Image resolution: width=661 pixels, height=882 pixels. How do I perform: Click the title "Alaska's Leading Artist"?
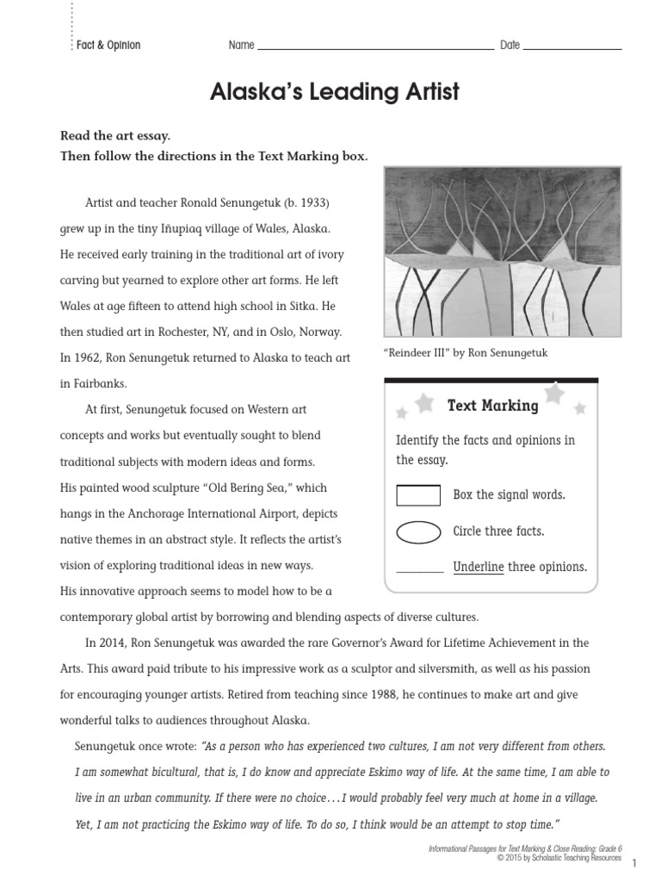point(335,92)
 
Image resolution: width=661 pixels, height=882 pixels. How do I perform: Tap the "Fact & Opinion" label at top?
point(108,45)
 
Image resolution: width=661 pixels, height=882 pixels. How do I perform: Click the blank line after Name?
point(375,47)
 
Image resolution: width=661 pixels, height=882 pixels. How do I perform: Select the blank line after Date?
point(571,47)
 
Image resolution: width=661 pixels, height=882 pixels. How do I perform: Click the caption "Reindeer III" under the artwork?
point(466,352)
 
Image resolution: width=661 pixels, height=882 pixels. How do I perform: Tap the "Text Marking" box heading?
point(492,406)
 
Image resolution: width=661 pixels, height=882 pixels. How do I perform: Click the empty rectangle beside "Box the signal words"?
point(418,495)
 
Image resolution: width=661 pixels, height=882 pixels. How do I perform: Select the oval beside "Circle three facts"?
point(418,531)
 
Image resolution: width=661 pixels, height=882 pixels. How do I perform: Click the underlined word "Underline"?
point(478,567)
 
